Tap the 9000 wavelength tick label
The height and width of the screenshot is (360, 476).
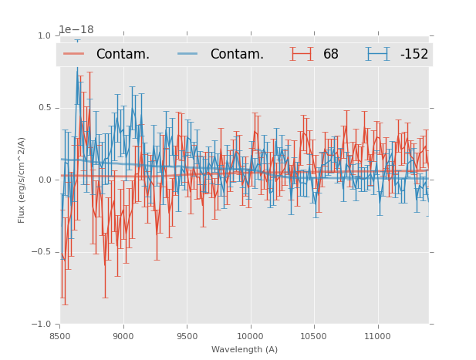[x=123, y=336]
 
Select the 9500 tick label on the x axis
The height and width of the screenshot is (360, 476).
[x=187, y=336]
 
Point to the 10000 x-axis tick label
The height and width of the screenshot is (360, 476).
[x=250, y=336]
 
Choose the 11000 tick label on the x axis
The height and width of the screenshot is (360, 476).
[x=377, y=336]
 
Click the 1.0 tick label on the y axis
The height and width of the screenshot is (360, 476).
[x=43, y=35]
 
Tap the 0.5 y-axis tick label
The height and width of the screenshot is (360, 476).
[x=43, y=108]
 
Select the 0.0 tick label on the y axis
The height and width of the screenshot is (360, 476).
[x=43, y=180]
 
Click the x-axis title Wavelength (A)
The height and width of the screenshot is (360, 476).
[x=245, y=350]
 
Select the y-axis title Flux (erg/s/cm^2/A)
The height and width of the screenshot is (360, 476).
[x=22, y=180]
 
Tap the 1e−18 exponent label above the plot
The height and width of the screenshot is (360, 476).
[x=76, y=30]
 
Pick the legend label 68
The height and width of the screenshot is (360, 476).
[x=330, y=55]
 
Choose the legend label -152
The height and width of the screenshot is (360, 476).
[x=414, y=55]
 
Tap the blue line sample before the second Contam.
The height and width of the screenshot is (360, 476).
[x=188, y=54]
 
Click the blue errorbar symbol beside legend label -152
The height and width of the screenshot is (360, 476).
[x=377, y=54]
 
